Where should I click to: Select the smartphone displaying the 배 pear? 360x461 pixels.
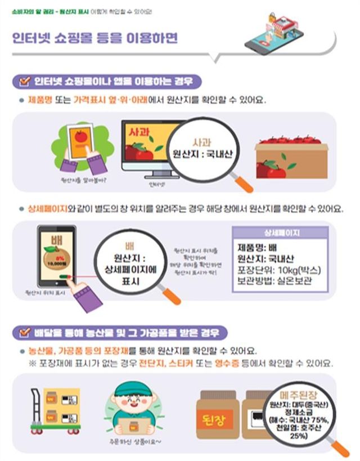tap(56, 253)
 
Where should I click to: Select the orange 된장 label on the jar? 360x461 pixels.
tap(219, 420)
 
